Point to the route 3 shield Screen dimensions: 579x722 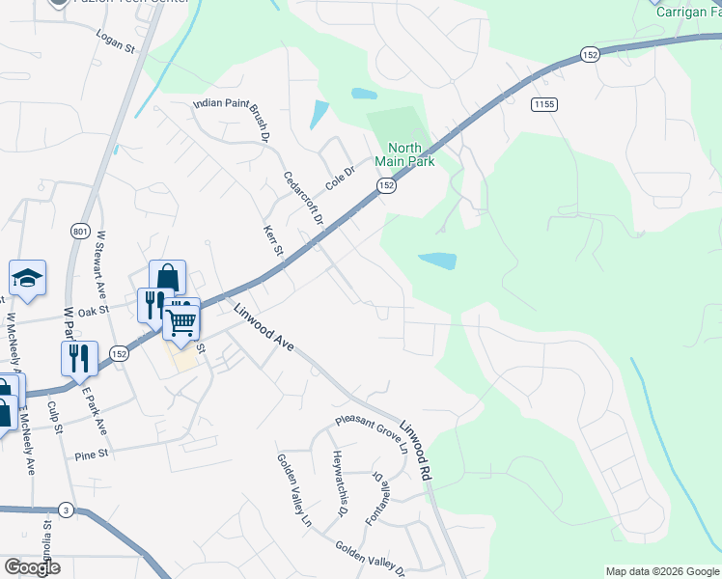66,509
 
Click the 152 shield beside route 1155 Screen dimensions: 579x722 591,56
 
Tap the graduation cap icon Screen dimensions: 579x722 28,278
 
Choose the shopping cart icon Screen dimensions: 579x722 180,321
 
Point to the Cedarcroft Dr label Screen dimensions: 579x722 302,198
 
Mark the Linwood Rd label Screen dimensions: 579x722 417,450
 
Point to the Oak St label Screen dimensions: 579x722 94,312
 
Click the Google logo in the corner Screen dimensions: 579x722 32,566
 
